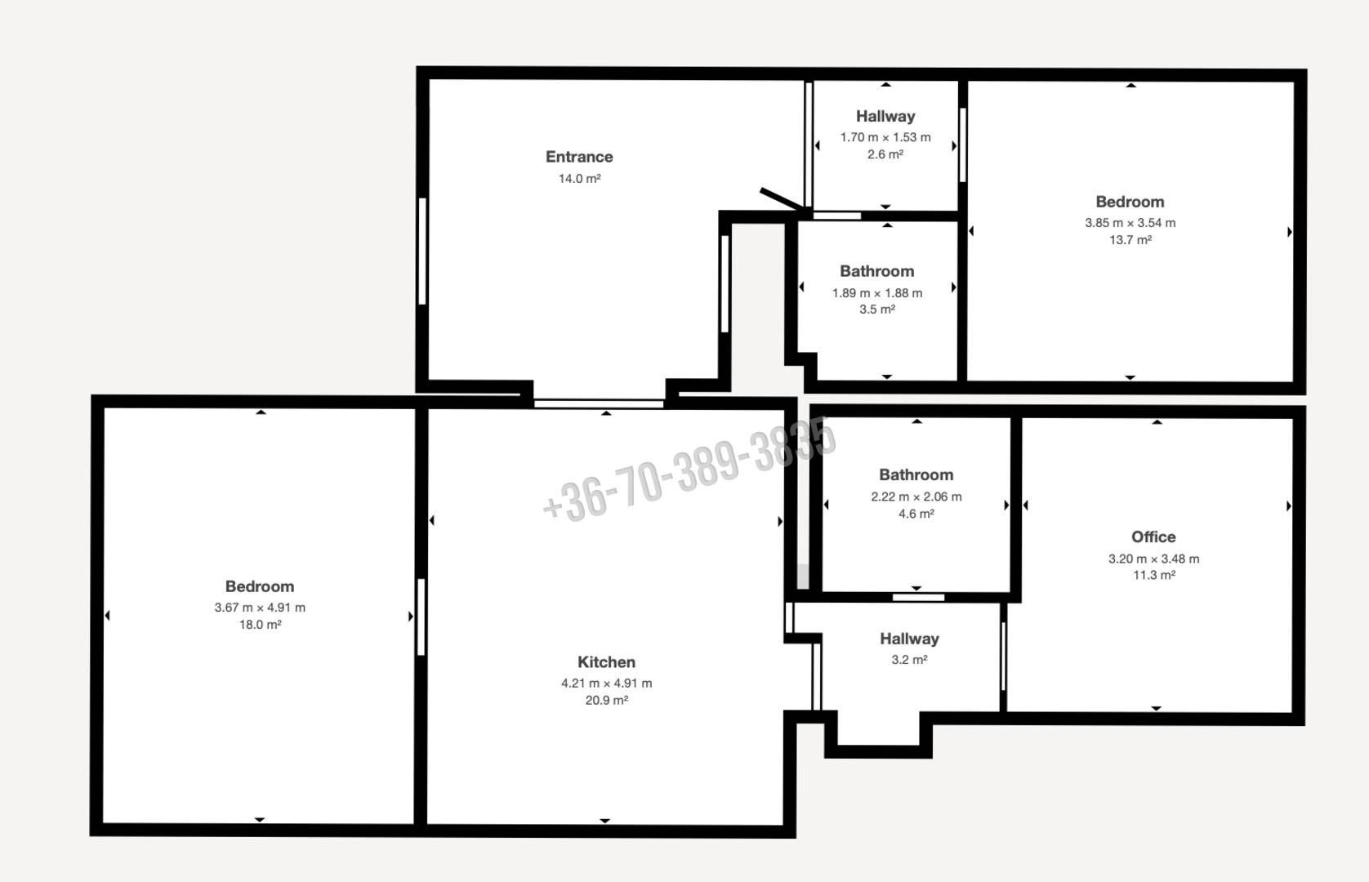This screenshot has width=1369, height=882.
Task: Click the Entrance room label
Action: point(579,157)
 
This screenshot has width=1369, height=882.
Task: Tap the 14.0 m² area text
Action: point(579,179)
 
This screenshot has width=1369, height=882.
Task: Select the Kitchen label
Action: point(606,662)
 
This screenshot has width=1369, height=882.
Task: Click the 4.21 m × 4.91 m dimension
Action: point(606,684)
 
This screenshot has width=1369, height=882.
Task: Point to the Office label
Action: point(1153,537)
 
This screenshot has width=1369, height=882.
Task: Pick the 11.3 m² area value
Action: point(1154,575)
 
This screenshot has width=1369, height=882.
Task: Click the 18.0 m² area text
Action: point(260,625)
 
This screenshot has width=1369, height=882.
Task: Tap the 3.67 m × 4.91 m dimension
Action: point(260,608)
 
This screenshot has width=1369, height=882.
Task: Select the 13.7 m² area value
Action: point(1130,240)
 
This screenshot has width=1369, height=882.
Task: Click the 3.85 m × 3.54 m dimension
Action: point(1130,223)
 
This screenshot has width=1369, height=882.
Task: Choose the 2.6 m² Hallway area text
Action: point(885,154)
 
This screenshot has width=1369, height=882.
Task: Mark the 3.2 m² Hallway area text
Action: point(909,660)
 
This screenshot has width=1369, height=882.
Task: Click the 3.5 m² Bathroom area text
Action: point(877,310)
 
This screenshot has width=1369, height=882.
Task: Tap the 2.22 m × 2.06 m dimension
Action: point(916,497)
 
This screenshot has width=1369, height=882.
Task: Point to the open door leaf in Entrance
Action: point(782,199)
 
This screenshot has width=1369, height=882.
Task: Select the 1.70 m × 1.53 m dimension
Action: point(885,137)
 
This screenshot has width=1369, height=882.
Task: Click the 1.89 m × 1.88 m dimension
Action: point(877,293)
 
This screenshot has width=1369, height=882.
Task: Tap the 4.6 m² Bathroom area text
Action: point(916,514)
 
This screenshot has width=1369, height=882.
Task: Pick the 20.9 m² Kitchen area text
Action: point(606,701)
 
